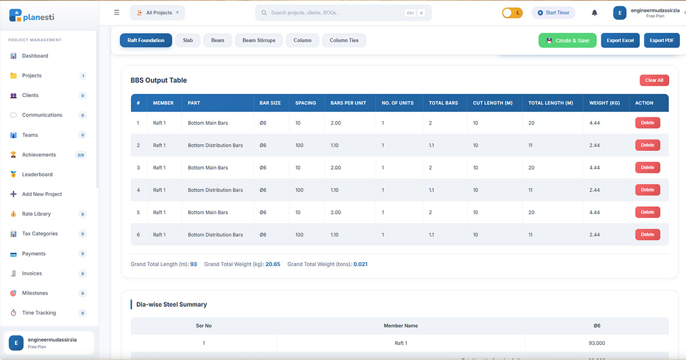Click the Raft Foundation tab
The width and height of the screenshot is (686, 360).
point(146,41)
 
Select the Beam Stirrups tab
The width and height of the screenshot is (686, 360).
point(258,41)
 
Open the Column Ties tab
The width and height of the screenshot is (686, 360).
point(344,41)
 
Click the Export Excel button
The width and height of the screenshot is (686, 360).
point(620,41)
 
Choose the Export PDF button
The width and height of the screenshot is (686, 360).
point(661,41)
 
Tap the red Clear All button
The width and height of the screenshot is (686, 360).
point(654,81)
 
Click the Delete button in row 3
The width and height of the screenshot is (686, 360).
point(647,167)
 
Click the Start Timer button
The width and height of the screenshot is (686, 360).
point(553,13)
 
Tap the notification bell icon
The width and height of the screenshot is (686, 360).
point(595,13)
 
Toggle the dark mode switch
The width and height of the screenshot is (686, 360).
point(512,13)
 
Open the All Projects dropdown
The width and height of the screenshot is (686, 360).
point(157,13)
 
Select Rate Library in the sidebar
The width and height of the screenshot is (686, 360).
point(37,214)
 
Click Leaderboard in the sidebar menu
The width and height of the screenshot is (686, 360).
point(37,175)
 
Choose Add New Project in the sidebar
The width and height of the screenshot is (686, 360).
point(42,194)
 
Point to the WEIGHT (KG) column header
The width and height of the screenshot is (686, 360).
point(604,103)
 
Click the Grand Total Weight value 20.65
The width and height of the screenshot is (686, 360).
point(273,265)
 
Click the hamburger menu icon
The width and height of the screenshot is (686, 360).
point(117,13)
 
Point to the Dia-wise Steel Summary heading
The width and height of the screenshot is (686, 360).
point(171,305)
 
